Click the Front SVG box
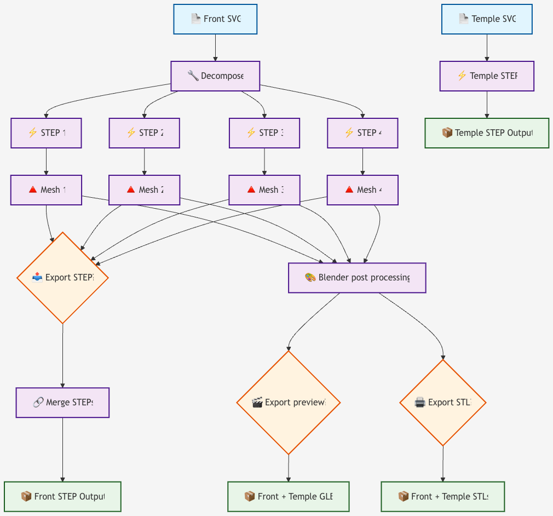click(x=215, y=19)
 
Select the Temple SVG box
click(x=487, y=19)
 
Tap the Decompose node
click(x=215, y=76)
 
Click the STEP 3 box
click(x=264, y=133)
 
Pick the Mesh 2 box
click(x=144, y=190)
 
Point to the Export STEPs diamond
click(x=63, y=278)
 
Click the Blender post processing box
click(x=357, y=278)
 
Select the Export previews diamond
click(x=289, y=403)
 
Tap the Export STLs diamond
click(x=443, y=403)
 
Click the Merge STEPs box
click(x=63, y=403)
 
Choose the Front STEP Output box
click(x=62, y=497)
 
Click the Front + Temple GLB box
click(x=288, y=497)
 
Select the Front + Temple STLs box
click(x=442, y=497)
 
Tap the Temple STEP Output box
click(x=487, y=133)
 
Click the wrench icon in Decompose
click(x=193, y=76)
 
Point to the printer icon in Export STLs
click(x=420, y=403)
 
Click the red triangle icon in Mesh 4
click(x=349, y=190)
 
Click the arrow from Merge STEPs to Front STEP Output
click(x=63, y=449)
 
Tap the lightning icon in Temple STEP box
click(x=462, y=76)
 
